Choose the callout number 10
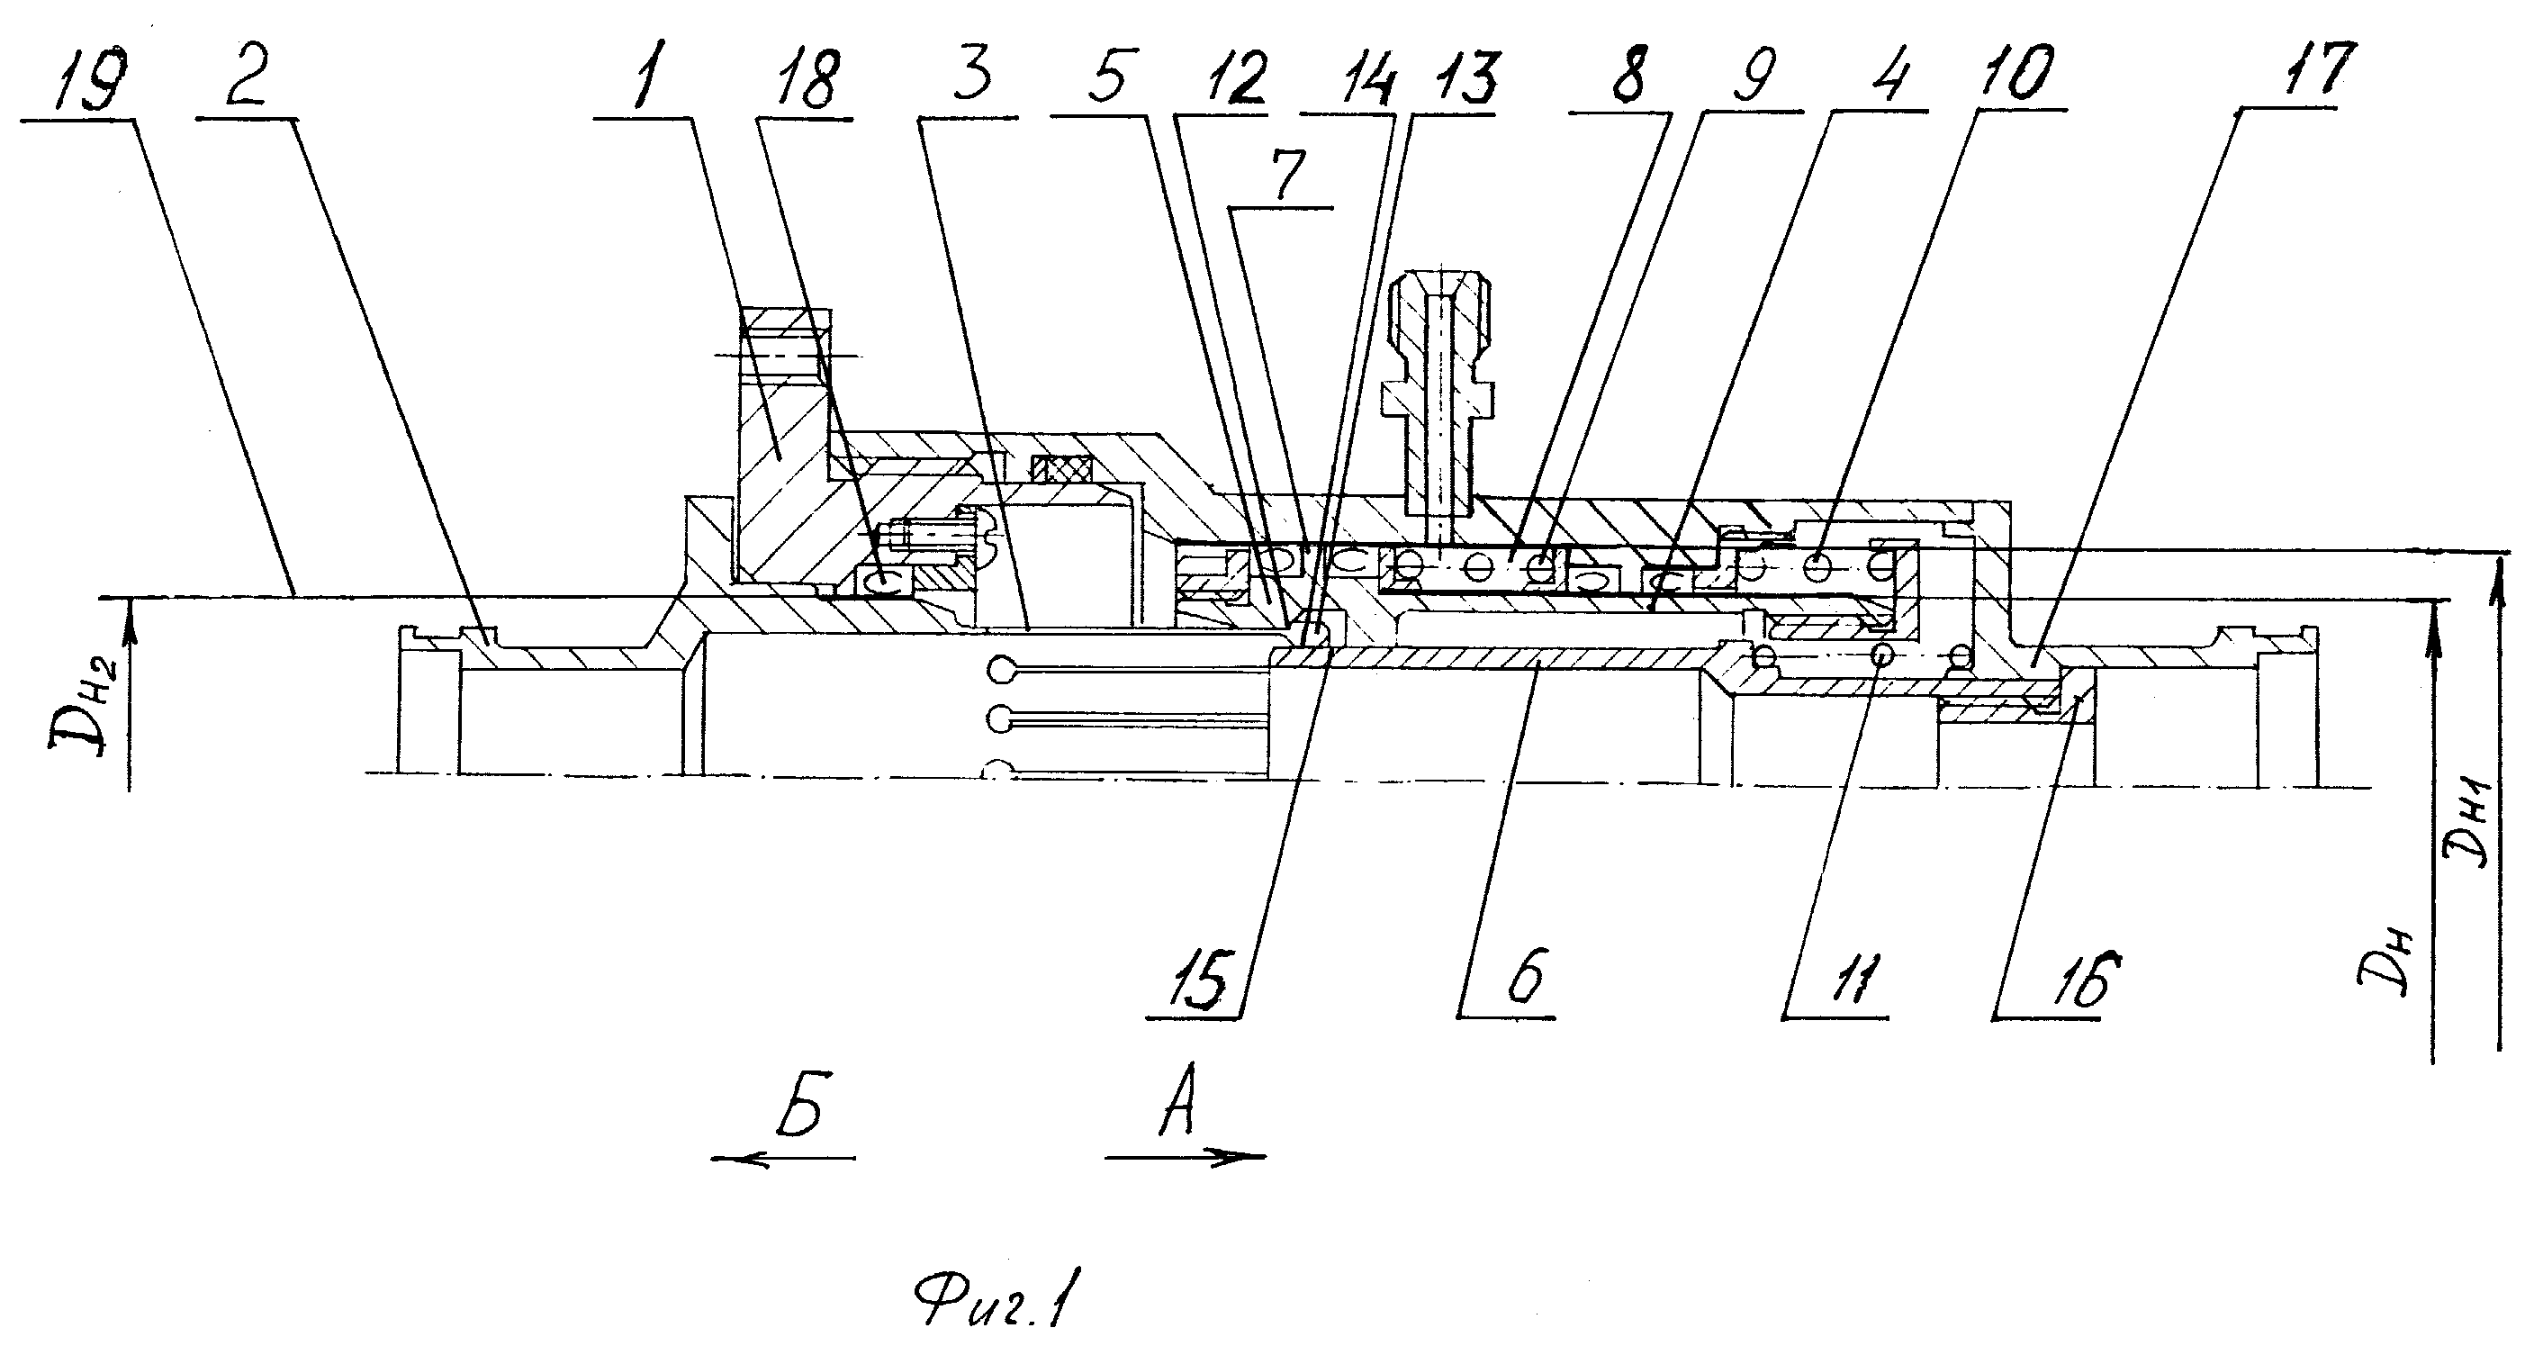tap(2013, 73)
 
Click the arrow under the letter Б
tap(783, 1159)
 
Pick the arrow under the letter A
tap(1186, 1155)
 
